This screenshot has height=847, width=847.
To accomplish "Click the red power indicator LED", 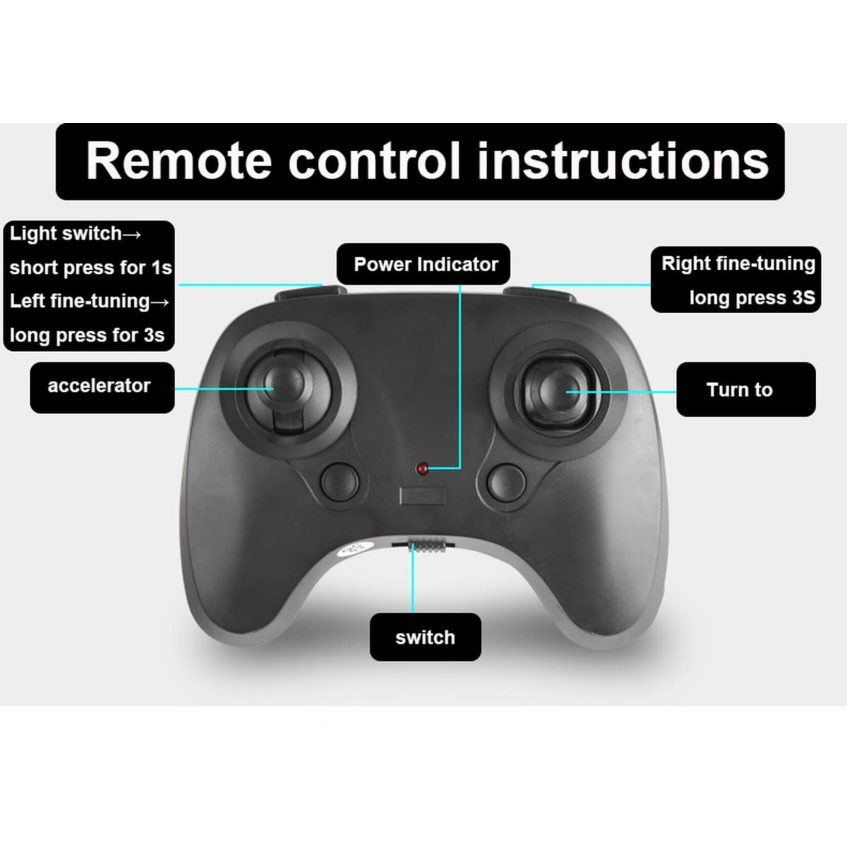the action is click(422, 468).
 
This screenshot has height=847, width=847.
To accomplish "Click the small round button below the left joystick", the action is click(339, 482).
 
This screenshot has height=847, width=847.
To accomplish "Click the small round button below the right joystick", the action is click(507, 483).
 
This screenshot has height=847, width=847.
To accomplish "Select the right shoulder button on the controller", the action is click(538, 293).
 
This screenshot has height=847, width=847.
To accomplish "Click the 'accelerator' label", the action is click(99, 386).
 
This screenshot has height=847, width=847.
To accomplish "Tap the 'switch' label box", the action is click(426, 637).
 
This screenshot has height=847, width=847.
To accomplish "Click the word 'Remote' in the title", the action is click(179, 161).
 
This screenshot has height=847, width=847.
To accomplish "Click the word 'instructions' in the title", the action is click(623, 161).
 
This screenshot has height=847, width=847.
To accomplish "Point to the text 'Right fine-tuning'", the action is click(738, 264).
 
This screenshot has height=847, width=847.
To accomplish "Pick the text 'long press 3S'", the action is click(752, 298).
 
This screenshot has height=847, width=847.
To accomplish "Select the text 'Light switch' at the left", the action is click(66, 234).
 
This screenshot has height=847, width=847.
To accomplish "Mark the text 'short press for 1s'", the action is click(91, 268).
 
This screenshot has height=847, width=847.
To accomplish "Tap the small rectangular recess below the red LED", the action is click(422, 496).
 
